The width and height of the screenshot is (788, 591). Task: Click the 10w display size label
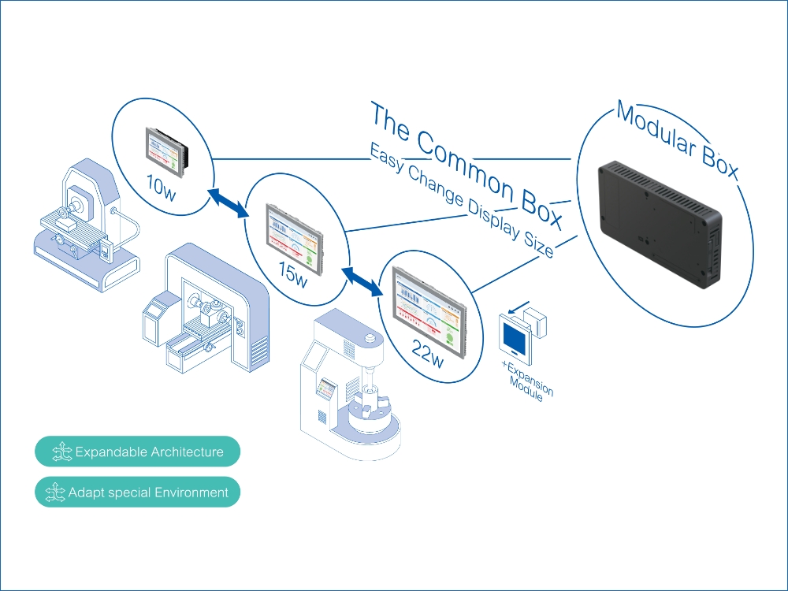click(161, 188)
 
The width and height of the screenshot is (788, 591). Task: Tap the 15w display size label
click(293, 275)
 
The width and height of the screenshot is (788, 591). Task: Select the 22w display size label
click(428, 353)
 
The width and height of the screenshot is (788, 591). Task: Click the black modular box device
click(660, 224)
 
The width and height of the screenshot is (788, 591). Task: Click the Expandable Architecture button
click(137, 452)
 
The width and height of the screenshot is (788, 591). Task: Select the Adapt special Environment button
click(137, 492)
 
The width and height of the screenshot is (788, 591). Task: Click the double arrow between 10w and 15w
click(229, 203)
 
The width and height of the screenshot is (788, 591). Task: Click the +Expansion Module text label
click(527, 382)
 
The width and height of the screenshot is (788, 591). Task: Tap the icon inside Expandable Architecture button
click(61, 452)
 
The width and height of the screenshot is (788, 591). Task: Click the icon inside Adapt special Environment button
click(55, 492)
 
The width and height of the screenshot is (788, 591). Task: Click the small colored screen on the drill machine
click(326, 388)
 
